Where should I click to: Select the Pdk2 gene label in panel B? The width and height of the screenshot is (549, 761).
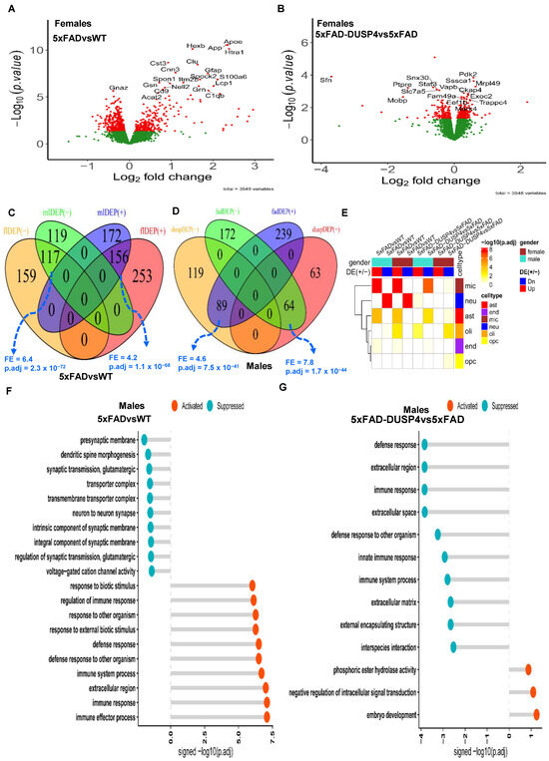point(466,75)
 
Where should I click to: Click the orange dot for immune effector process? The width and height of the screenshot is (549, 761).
point(267,714)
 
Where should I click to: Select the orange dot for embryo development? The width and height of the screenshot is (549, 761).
point(537,713)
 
